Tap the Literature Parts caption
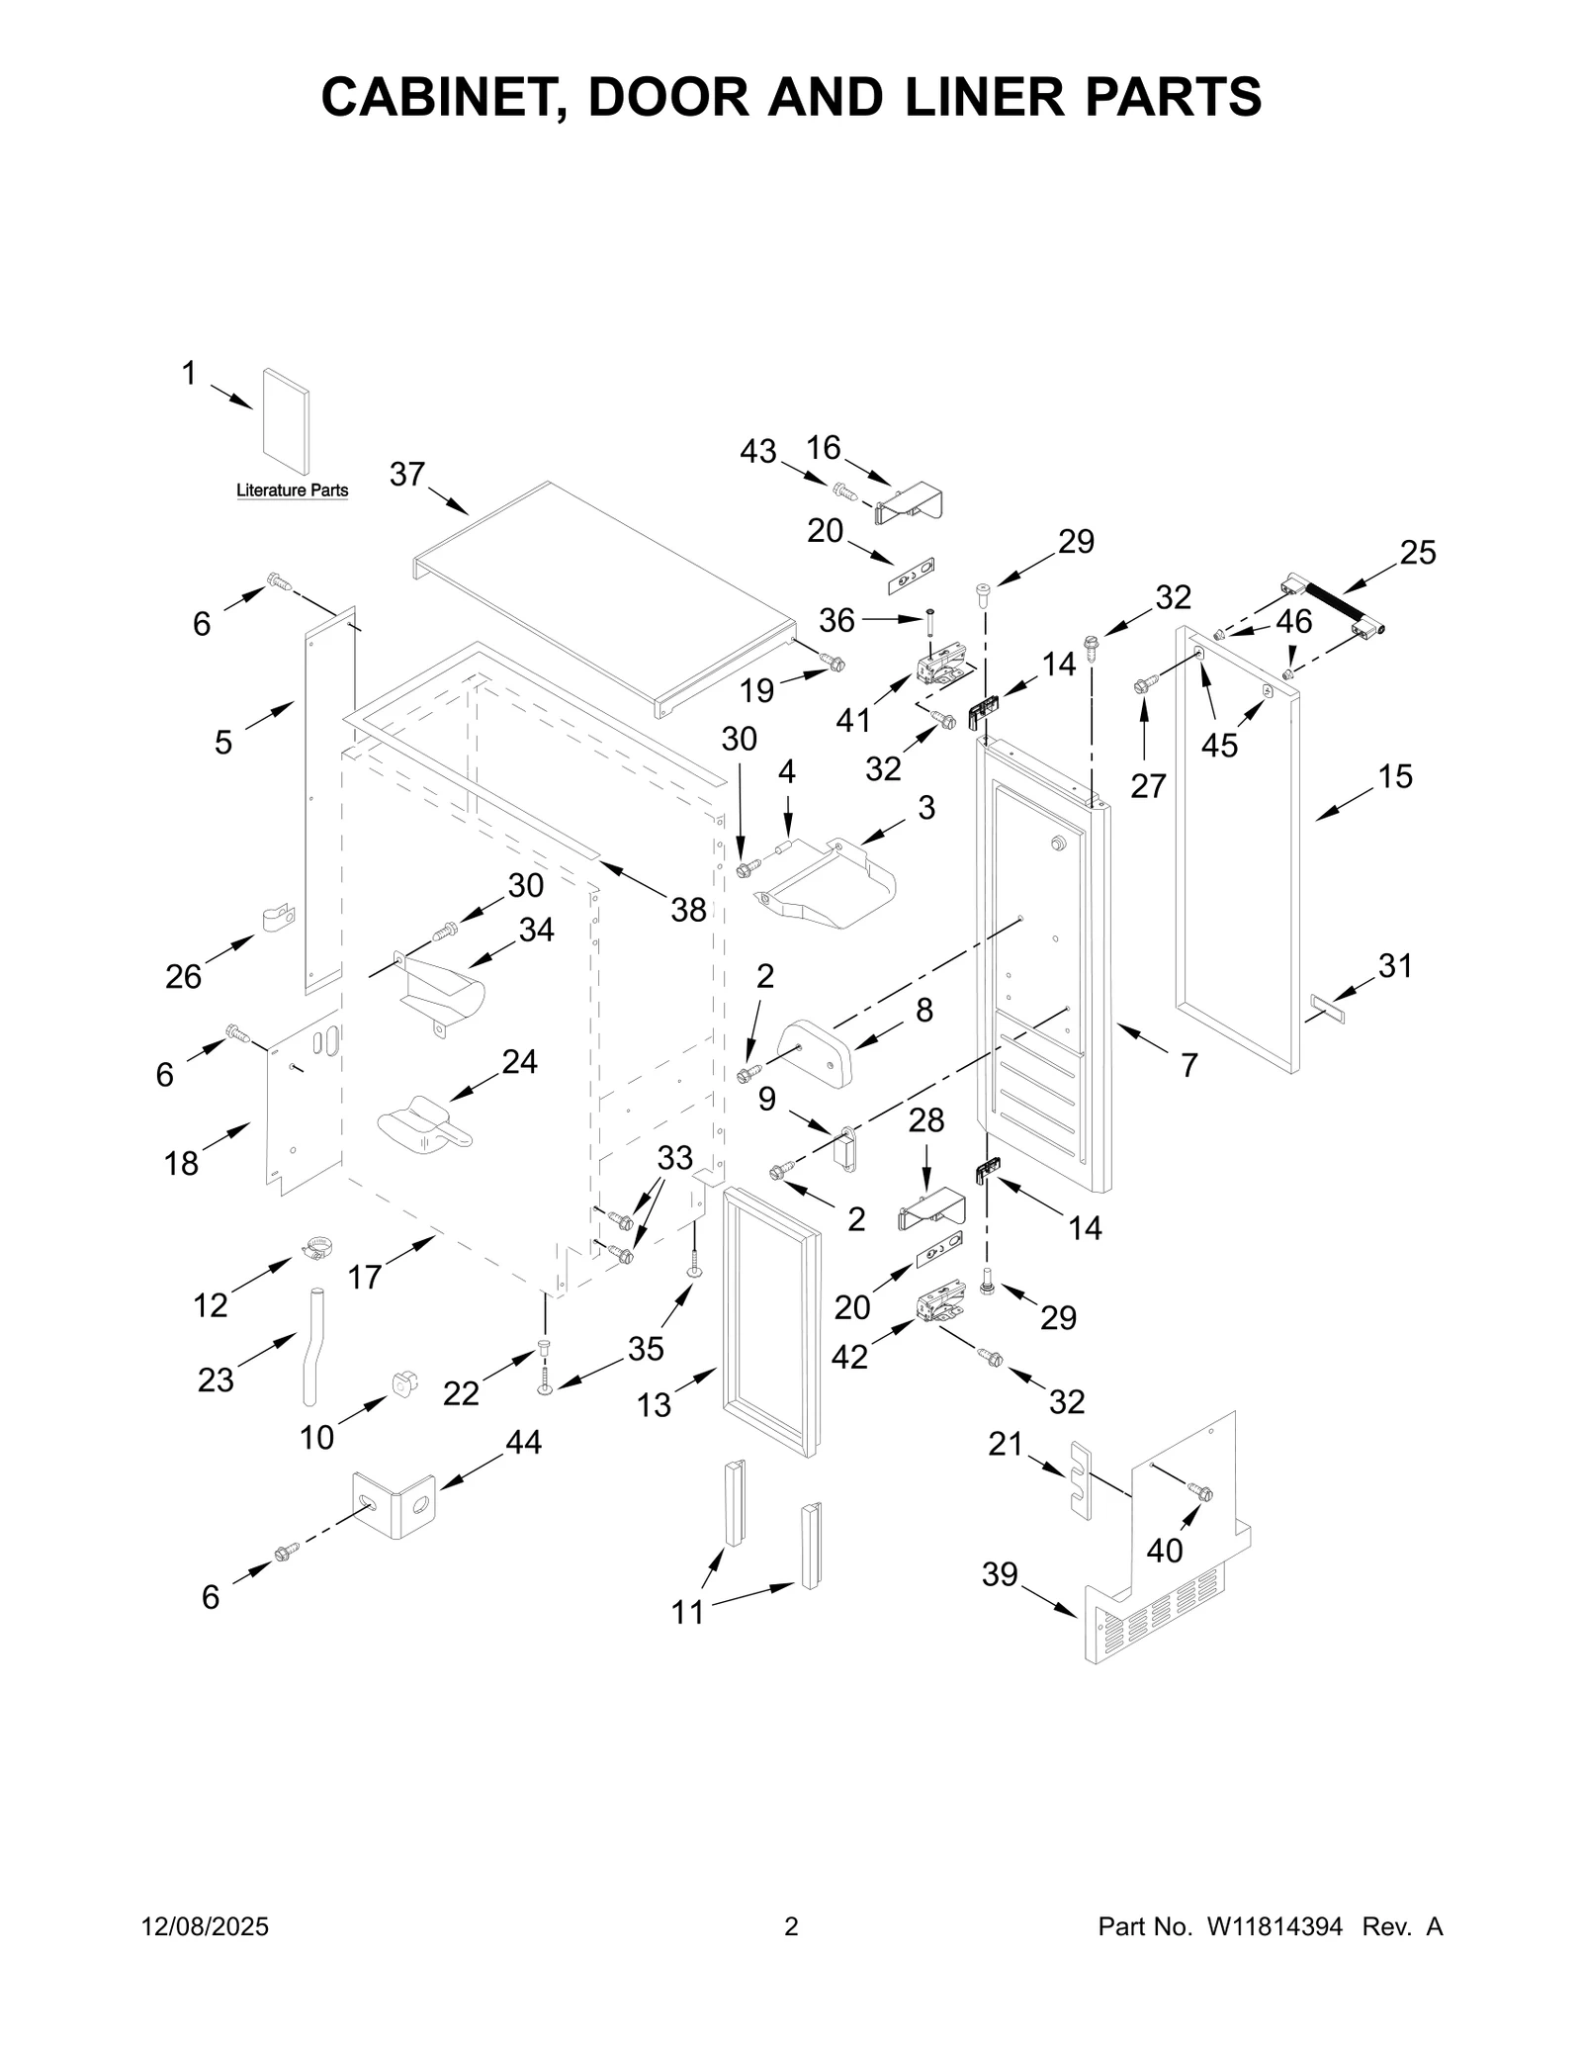pyautogui.click(x=292, y=490)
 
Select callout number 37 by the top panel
pyautogui.click(x=406, y=475)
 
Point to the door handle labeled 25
pyautogui.click(x=1334, y=606)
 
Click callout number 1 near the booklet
pyautogui.click(x=189, y=374)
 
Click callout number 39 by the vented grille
pyautogui.click(x=1000, y=1573)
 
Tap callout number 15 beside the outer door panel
pyautogui.click(x=1395, y=776)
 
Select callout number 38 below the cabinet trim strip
pyautogui.click(x=688, y=910)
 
